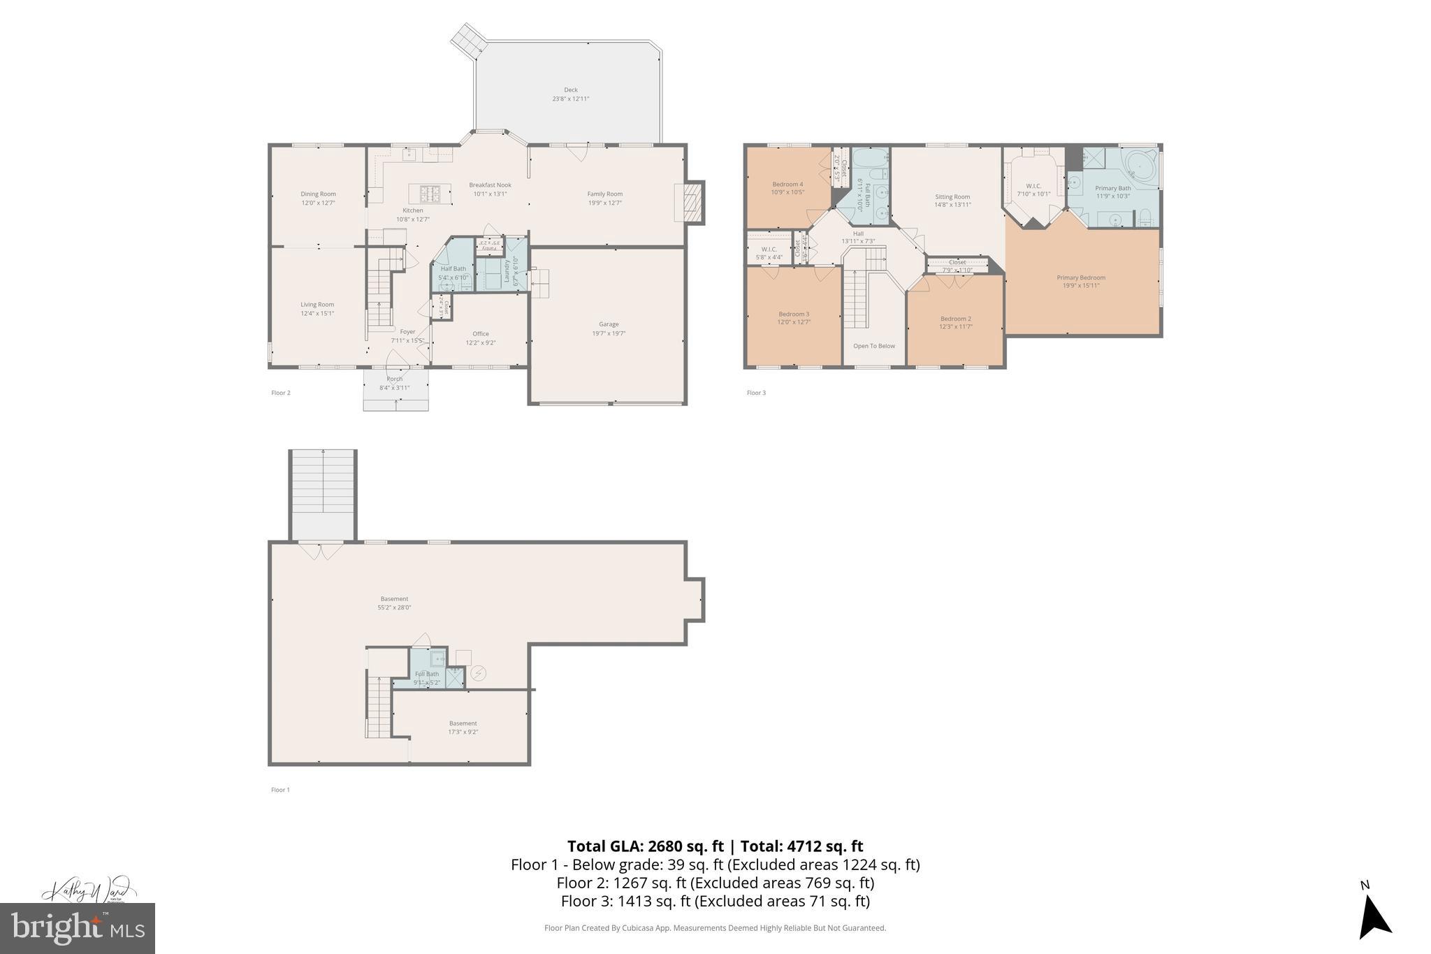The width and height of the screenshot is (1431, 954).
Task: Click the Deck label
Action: pyautogui.click(x=570, y=90)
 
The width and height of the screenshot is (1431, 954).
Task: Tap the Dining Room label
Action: pyautogui.click(x=318, y=194)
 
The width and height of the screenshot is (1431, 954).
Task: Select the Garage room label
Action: pyautogui.click(x=608, y=324)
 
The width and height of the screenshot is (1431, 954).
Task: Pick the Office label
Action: pyautogui.click(x=480, y=334)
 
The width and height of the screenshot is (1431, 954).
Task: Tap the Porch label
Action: pyautogui.click(x=395, y=380)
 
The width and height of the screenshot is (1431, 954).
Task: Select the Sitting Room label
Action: pyautogui.click(x=952, y=197)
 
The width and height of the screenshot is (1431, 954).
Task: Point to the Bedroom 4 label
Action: pyautogui.click(x=787, y=185)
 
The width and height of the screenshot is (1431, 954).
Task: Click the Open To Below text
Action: pyautogui.click(x=873, y=346)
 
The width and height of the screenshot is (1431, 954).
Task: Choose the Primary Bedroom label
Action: pyautogui.click(x=1080, y=278)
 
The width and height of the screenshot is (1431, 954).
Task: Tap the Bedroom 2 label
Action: pyautogui.click(x=955, y=319)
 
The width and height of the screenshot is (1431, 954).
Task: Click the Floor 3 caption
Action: pyautogui.click(x=756, y=393)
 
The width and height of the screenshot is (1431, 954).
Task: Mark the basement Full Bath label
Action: pyautogui.click(x=427, y=674)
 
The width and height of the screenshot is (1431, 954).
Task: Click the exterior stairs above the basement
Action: pyautogui.click(x=323, y=493)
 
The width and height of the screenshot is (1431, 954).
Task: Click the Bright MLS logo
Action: pyautogui.click(x=77, y=928)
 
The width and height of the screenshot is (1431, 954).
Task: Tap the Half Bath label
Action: pyautogui.click(x=453, y=269)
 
